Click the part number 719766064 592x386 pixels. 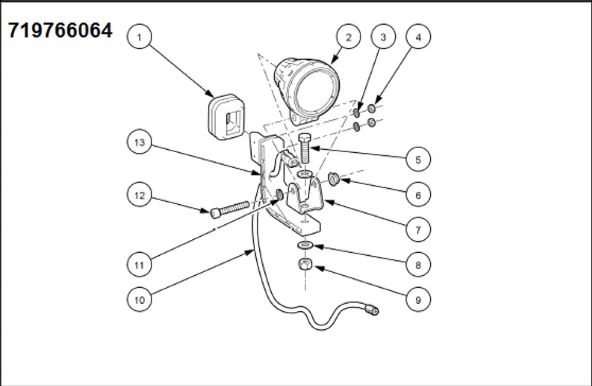[x=60, y=30]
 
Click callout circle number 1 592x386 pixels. [x=140, y=37]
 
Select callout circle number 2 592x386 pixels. [x=348, y=37]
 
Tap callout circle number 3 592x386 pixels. [x=383, y=37]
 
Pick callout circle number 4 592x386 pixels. [x=418, y=37]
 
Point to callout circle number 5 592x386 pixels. [x=418, y=159]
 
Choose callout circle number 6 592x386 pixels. [x=418, y=194]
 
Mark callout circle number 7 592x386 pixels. [x=418, y=230]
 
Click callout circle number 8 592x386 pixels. [x=418, y=265]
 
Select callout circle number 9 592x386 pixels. [x=418, y=300]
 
